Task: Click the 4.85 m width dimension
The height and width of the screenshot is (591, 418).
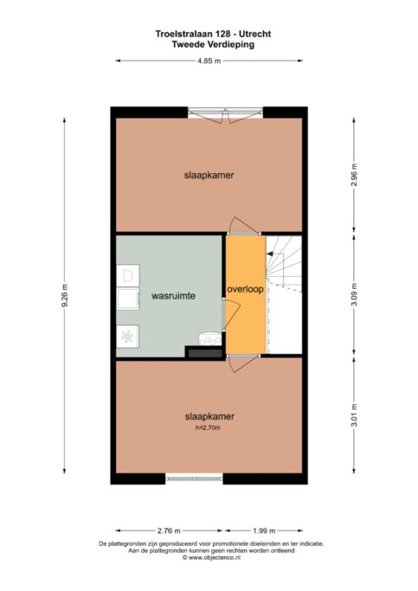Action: pos(209,61)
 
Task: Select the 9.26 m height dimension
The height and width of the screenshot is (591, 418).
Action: pos(65,295)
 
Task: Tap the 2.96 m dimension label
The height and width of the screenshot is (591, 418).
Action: pos(354,176)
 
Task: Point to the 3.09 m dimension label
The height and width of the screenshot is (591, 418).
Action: pos(354,295)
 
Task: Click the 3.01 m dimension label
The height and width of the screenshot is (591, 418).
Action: pos(354,415)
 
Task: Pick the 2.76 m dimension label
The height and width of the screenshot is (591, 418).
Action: pos(169,530)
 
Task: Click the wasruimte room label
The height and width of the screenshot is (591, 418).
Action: pos(173,296)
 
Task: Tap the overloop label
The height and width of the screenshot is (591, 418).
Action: pos(245,289)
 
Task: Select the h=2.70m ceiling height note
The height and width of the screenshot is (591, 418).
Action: pos(208,427)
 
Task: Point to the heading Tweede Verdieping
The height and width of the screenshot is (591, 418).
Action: pos(213,44)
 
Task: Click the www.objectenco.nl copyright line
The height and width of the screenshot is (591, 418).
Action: pos(211,557)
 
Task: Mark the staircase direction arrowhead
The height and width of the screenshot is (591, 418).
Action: pos(269,254)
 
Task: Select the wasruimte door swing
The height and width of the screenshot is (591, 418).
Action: pos(231,313)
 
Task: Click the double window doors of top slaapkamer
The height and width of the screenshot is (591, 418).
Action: pos(225,114)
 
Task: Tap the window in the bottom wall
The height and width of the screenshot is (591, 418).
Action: pos(194,479)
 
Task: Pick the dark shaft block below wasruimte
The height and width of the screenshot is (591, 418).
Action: pos(205,353)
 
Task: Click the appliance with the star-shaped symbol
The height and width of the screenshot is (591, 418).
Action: pos(127,337)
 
